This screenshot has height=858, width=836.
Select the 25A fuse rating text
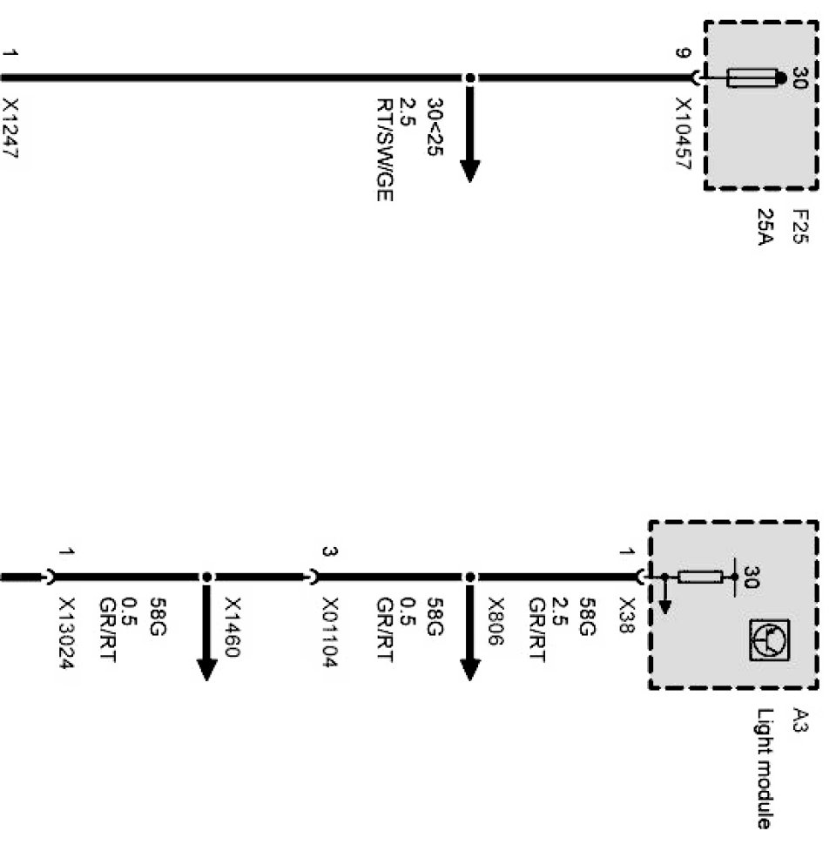(765, 226)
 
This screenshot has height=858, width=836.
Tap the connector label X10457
(684, 132)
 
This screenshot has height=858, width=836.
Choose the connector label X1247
(10, 131)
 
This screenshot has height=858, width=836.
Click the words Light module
(762, 767)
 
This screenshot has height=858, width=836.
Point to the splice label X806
(496, 621)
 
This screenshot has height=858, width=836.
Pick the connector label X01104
(330, 632)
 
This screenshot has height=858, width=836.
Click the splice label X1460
(233, 625)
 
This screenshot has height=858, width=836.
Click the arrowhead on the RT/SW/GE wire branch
(470, 170)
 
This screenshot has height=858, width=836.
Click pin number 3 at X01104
(330, 551)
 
